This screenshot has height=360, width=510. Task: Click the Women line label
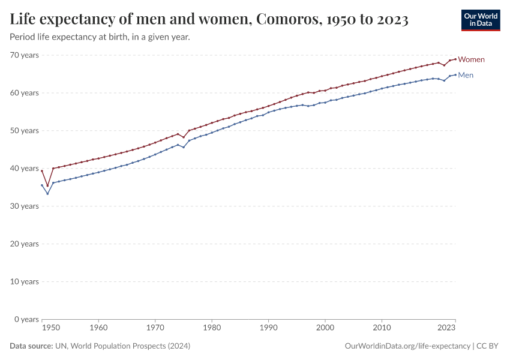coord(472,59)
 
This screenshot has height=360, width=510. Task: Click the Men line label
coord(466,75)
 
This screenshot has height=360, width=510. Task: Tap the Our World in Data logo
coord(480,20)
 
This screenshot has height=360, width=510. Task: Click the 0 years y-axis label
coord(26,319)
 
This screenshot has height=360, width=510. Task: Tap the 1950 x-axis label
coord(51,328)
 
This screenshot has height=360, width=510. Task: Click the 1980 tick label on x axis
coord(212,328)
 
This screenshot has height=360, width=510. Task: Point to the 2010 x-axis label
coord(382,328)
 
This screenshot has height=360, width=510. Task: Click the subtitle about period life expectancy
coord(100,37)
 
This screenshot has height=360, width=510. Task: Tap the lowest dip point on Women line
coord(47,186)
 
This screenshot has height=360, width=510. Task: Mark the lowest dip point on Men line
coord(47,193)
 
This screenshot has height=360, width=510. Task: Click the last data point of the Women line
coord(455,59)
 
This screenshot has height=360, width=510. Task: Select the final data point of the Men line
coord(455,74)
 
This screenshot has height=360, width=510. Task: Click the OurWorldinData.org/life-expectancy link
coord(408,346)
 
